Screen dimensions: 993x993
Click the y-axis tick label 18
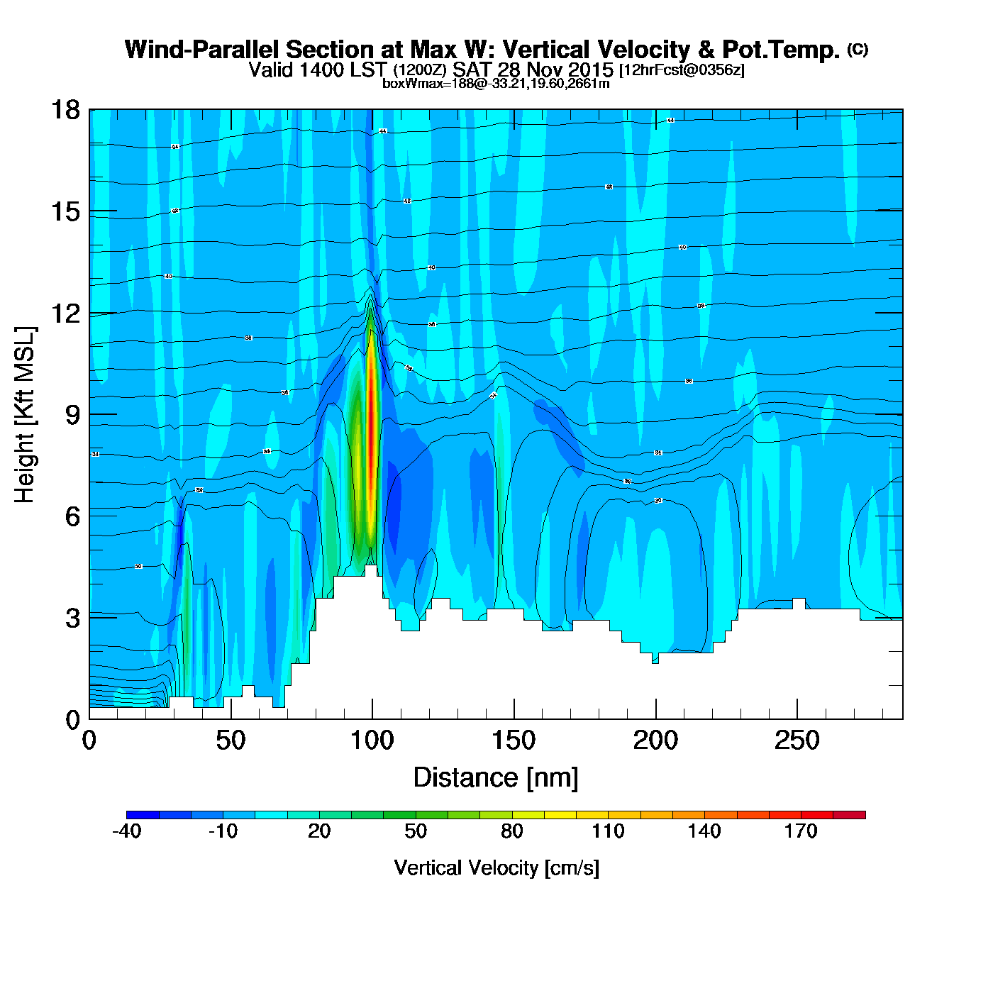click(65, 110)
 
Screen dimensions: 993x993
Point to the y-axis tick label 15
click(65, 211)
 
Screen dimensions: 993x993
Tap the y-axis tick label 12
click(65, 313)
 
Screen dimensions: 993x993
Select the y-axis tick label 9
click(72, 415)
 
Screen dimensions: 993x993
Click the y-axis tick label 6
click(72, 516)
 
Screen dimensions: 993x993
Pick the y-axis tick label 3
click(72, 618)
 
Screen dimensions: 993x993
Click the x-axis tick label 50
click(231, 741)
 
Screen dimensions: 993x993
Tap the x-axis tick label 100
click(372, 741)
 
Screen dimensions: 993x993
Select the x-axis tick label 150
click(514, 741)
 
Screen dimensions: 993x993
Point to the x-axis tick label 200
click(655, 741)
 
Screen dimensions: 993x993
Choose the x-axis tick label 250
click(797, 741)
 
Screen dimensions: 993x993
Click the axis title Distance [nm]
click(496, 778)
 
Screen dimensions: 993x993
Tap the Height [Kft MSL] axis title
click(25, 415)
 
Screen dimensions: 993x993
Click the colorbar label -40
click(127, 831)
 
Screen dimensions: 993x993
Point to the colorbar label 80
click(511, 831)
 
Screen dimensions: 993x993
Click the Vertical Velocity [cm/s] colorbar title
click(496, 867)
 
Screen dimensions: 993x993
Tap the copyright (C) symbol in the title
click(858, 49)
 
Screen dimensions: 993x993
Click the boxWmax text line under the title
click(496, 83)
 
